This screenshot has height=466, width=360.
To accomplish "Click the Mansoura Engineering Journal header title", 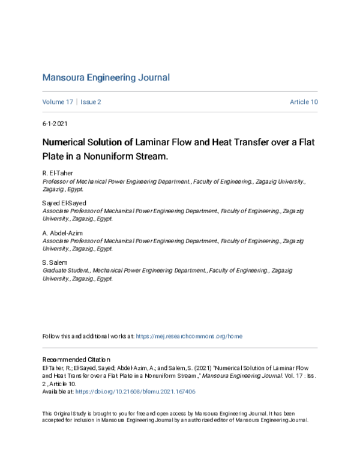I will [x=106, y=77].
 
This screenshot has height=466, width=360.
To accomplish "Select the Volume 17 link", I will [x=58, y=102].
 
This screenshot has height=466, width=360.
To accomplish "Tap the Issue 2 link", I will [x=91, y=102].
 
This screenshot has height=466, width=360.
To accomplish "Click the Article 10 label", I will [x=304, y=102].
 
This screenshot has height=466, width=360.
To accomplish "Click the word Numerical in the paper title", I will [x=65, y=144].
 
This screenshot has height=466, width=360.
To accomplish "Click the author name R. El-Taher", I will [x=58, y=173].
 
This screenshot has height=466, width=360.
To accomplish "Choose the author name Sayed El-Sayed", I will [x=64, y=203].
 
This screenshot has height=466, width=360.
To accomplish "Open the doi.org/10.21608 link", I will [x=135, y=392].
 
